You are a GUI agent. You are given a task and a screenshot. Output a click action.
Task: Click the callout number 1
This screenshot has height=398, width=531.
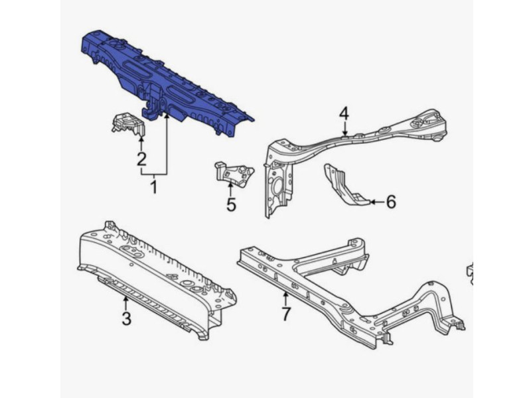click(x=154, y=187)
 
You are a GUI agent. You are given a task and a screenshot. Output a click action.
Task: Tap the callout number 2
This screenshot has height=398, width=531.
click(x=141, y=159)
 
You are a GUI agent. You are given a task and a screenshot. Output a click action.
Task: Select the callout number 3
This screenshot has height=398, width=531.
click(x=126, y=318)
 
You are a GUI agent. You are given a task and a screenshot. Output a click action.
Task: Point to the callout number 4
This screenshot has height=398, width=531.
click(x=344, y=113)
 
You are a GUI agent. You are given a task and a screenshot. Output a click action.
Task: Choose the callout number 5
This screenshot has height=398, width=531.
click(x=231, y=204)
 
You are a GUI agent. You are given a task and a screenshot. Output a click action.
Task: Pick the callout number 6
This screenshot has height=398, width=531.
click(x=391, y=202)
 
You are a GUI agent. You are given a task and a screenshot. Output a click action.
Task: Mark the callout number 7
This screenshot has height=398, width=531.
click(x=286, y=314)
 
